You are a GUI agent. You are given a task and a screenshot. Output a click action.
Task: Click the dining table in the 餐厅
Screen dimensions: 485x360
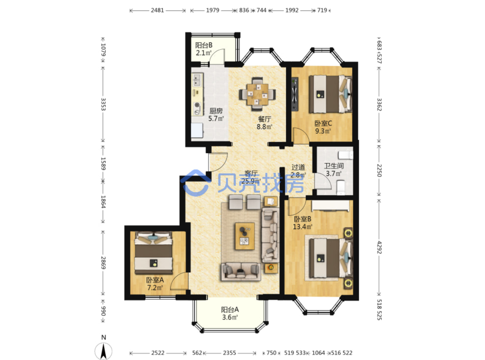coord(257,94)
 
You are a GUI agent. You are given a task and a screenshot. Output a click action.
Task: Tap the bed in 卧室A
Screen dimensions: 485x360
coord(153,252)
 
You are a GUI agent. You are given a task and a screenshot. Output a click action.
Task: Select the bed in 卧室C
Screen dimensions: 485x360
coord(330,94)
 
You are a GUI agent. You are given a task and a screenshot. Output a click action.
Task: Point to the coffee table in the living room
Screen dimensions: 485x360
coord(245,236)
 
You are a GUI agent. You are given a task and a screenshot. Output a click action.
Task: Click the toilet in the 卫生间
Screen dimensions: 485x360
coord(340,187)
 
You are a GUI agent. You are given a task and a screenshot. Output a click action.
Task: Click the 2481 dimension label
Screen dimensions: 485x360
coord(157,10)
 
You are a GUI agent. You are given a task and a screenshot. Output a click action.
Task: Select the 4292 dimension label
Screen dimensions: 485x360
coord(379,247)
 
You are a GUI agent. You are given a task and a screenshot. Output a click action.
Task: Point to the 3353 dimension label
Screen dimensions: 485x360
coord(103,104)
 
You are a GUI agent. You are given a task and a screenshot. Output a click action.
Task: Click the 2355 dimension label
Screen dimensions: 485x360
coord(229,353)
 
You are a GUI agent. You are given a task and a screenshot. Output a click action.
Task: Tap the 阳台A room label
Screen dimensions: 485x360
coord(230,310)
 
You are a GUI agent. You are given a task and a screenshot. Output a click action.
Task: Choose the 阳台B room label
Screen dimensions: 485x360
coord(204,45)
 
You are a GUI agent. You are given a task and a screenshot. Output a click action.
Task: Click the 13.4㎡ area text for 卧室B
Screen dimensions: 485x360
coord(302,227)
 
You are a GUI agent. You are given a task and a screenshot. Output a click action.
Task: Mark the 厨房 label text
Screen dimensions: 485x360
coord(216,111)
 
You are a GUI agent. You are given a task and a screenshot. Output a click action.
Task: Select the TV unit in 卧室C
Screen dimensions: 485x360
coord(295,94)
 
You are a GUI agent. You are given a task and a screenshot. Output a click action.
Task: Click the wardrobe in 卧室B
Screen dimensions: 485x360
coord(330,206)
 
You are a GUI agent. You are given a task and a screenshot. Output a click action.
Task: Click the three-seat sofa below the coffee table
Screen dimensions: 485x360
coord(241,272)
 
